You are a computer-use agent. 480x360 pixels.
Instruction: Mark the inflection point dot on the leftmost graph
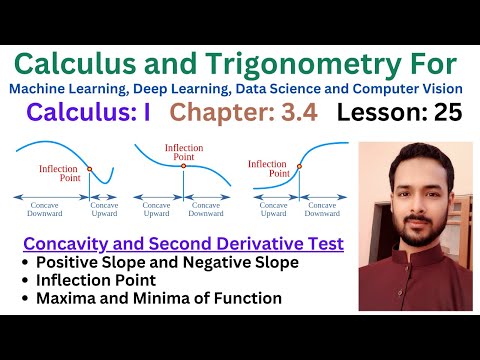89,168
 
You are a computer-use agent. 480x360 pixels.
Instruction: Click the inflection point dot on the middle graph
183,165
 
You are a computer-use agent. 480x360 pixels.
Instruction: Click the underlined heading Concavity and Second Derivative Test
183,243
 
